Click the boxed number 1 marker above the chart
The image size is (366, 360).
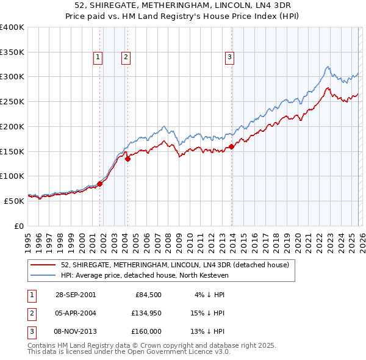(x=98, y=57)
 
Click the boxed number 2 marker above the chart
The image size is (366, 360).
(x=126, y=57)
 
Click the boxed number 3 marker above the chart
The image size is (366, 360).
(x=230, y=57)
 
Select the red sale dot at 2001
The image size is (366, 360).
(x=100, y=183)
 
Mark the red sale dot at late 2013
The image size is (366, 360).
(x=232, y=146)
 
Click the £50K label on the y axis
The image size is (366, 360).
(x=14, y=200)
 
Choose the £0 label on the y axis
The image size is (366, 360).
(x=20, y=225)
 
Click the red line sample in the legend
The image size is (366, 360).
(x=43, y=265)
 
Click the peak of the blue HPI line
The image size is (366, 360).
(x=328, y=67)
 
